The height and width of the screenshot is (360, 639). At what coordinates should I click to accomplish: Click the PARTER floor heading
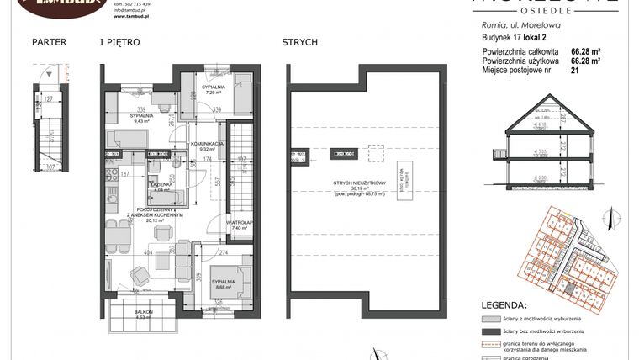[x=48, y=41]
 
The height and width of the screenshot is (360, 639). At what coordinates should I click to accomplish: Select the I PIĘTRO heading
[x=119, y=41]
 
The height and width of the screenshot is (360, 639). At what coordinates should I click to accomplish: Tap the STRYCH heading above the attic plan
[x=299, y=41]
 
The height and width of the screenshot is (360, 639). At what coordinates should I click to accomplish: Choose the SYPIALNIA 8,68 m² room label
[x=223, y=283]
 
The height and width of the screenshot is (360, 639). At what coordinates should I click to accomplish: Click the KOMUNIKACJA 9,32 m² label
[x=206, y=147]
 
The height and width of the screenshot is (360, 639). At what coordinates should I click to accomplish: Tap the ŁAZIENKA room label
[x=160, y=186]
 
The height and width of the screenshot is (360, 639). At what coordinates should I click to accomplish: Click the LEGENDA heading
[x=504, y=304]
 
